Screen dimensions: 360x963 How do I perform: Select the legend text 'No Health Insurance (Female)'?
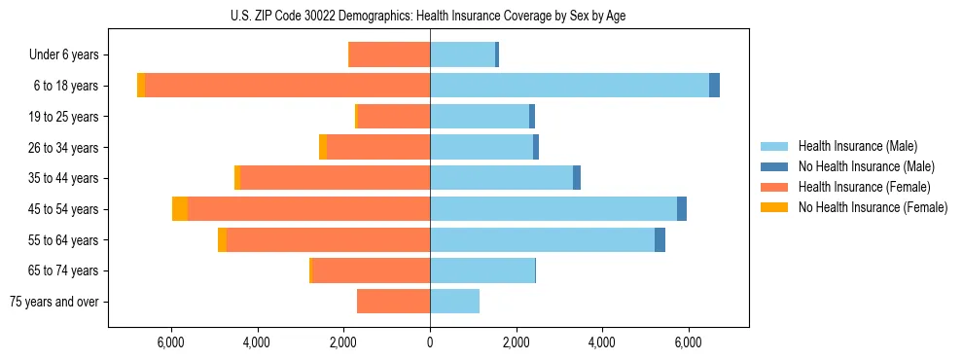tap(873, 207)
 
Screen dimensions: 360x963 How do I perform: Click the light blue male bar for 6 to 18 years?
tap(569, 86)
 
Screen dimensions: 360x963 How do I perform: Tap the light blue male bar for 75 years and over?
tap(454, 302)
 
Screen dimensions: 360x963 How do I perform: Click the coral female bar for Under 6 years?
tap(389, 55)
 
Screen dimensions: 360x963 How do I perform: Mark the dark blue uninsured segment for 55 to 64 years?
tap(660, 239)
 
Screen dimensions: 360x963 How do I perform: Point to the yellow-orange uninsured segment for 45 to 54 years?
tap(180, 209)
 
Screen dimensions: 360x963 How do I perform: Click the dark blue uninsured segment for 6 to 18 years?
tap(714, 86)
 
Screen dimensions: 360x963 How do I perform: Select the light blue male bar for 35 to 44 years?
tap(501, 178)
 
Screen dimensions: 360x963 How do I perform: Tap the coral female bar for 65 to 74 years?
tap(371, 270)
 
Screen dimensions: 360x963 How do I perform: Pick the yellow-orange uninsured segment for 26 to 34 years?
tap(323, 147)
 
